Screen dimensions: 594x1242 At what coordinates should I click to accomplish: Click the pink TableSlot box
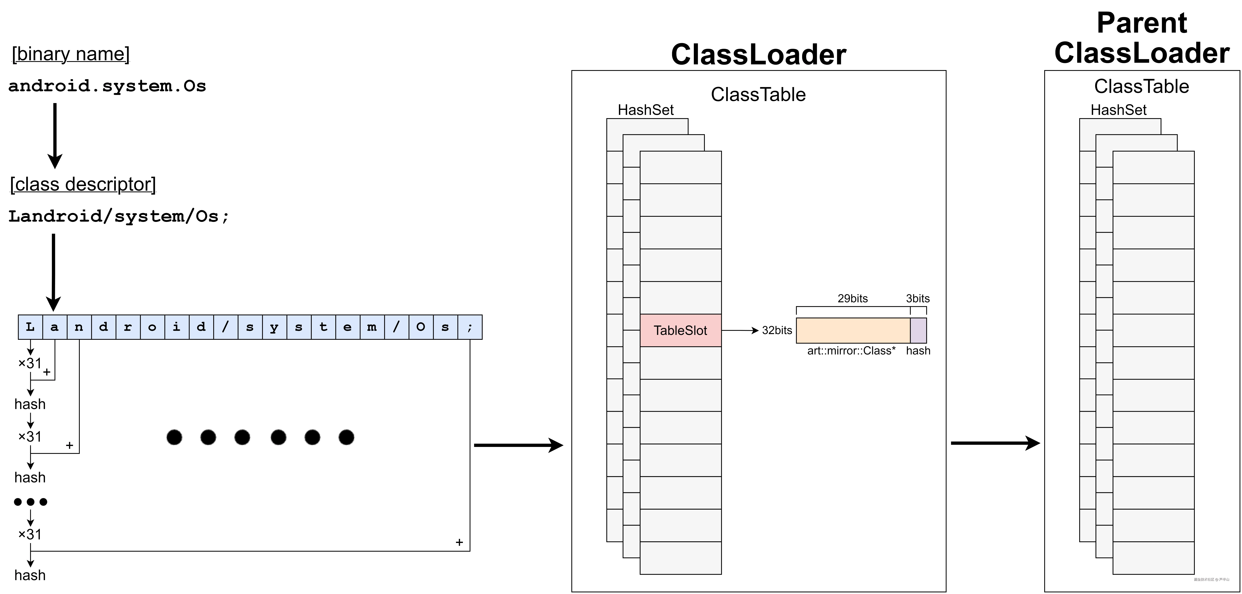pyautogui.click(x=680, y=331)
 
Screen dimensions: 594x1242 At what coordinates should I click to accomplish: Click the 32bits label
pyautogui.click(x=777, y=331)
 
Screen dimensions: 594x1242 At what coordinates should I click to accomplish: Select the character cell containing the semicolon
pyautogui.click(x=470, y=327)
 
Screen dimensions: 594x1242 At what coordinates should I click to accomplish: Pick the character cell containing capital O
pyautogui.click(x=420, y=327)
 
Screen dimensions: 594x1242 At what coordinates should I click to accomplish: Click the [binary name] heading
pyautogui.click(x=71, y=54)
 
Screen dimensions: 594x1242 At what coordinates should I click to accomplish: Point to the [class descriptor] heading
pyautogui.click(x=83, y=184)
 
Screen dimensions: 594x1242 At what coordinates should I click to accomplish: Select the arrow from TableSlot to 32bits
pyautogui.click(x=740, y=331)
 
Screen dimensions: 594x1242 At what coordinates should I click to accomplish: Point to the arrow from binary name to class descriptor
pyautogui.click(x=55, y=135)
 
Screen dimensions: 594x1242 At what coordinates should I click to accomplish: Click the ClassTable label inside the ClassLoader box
pyautogui.click(x=758, y=95)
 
